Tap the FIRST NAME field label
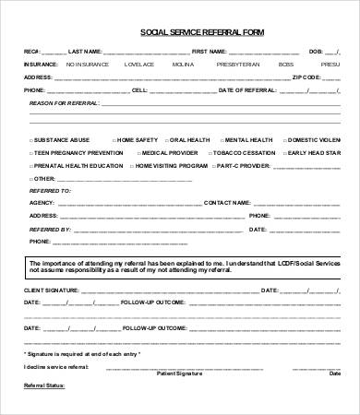click(x=209, y=51)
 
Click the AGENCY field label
click(x=42, y=200)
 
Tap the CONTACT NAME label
click(x=225, y=200)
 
